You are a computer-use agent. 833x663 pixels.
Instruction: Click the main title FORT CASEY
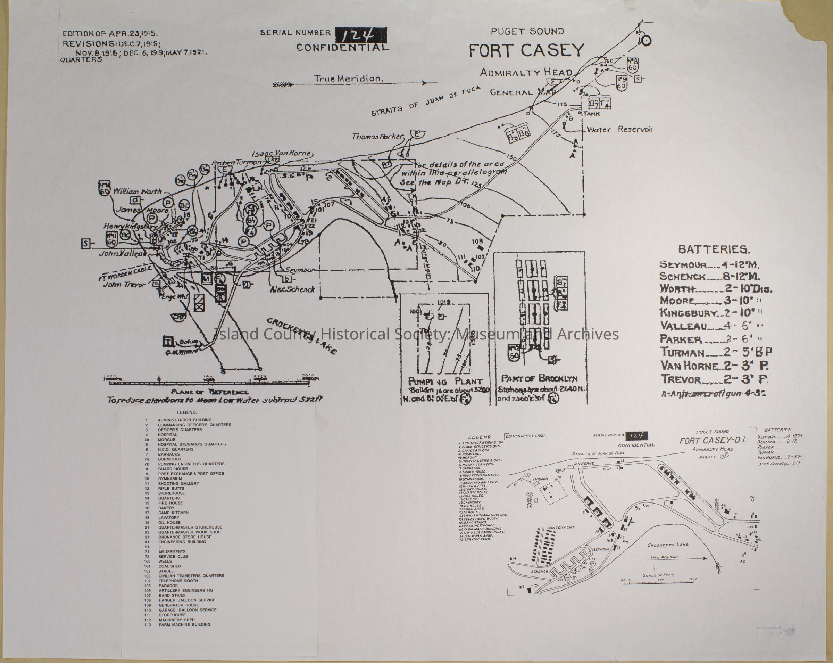[526, 51]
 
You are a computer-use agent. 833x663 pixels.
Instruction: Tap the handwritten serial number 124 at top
[360, 35]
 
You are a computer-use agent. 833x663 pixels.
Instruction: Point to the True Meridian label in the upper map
[348, 79]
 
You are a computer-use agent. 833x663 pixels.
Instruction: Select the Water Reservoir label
[619, 130]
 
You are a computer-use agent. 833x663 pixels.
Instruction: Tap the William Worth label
[137, 191]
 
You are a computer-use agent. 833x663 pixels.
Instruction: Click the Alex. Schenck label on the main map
[292, 289]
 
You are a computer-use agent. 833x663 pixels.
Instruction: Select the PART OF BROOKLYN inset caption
[539, 378]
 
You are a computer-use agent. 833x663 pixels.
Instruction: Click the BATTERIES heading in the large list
[714, 250]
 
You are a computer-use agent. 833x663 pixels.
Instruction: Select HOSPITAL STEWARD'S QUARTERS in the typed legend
[192, 444]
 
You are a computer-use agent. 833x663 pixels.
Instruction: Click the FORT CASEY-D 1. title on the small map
[713, 441]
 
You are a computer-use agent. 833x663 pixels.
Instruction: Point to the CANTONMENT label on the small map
[561, 527]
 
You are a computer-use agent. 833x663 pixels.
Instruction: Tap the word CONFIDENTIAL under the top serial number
[342, 48]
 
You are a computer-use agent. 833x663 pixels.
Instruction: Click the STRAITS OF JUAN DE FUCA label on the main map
[426, 101]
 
